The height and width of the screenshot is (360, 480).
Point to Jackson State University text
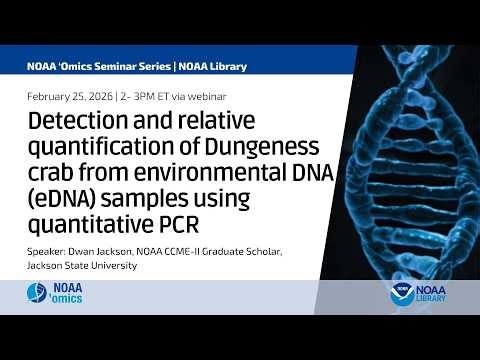pos(79,265)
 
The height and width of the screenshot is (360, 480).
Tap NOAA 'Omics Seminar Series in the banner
pos(99,66)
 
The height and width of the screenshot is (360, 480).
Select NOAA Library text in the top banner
pos(213,66)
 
